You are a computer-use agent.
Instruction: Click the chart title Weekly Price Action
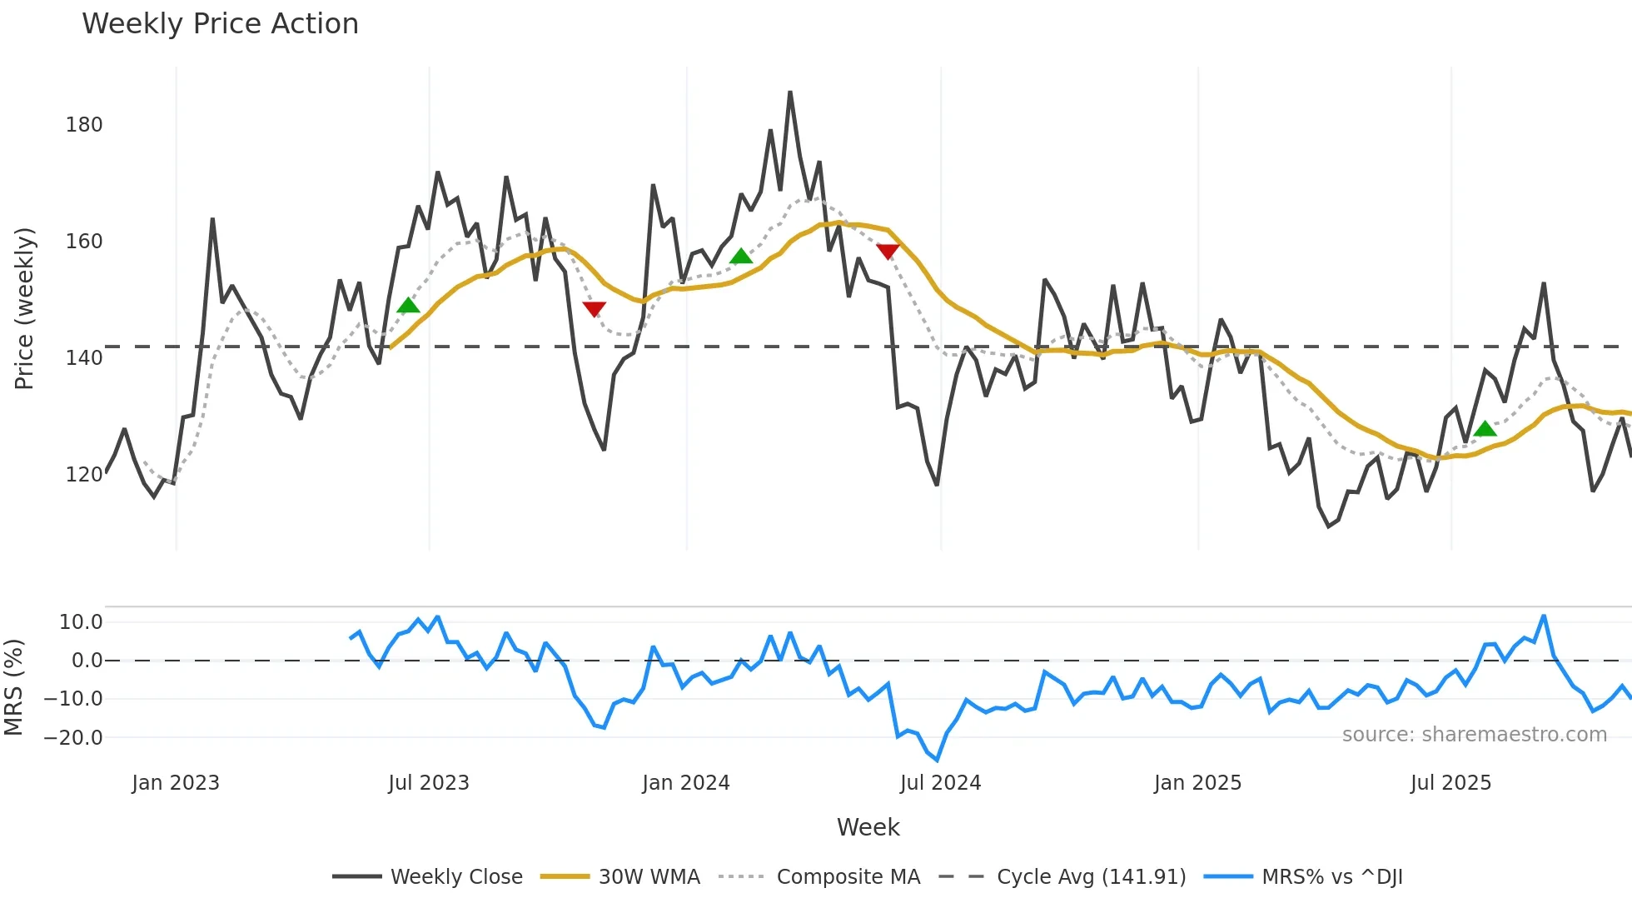coord(220,24)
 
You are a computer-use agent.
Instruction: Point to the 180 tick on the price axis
coord(84,125)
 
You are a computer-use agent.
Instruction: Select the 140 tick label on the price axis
coord(84,358)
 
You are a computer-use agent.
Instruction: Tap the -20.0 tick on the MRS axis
coord(73,737)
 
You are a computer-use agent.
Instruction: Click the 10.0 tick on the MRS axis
coord(81,622)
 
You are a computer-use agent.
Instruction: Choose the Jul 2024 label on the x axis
coord(940,783)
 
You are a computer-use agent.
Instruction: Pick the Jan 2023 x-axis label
coord(176,783)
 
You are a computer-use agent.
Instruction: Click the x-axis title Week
coord(868,827)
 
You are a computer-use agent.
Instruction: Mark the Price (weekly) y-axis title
coord(25,308)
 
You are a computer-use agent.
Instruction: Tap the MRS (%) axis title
coord(13,687)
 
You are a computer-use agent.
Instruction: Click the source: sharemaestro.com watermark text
coord(1474,735)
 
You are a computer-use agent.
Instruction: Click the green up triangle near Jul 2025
coord(1485,429)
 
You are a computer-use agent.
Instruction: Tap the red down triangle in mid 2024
coord(888,251)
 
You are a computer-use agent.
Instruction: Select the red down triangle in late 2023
coord(594,309)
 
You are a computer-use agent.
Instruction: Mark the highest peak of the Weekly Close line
coord(789,92)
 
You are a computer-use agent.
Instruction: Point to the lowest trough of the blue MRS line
coord(938,760)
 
